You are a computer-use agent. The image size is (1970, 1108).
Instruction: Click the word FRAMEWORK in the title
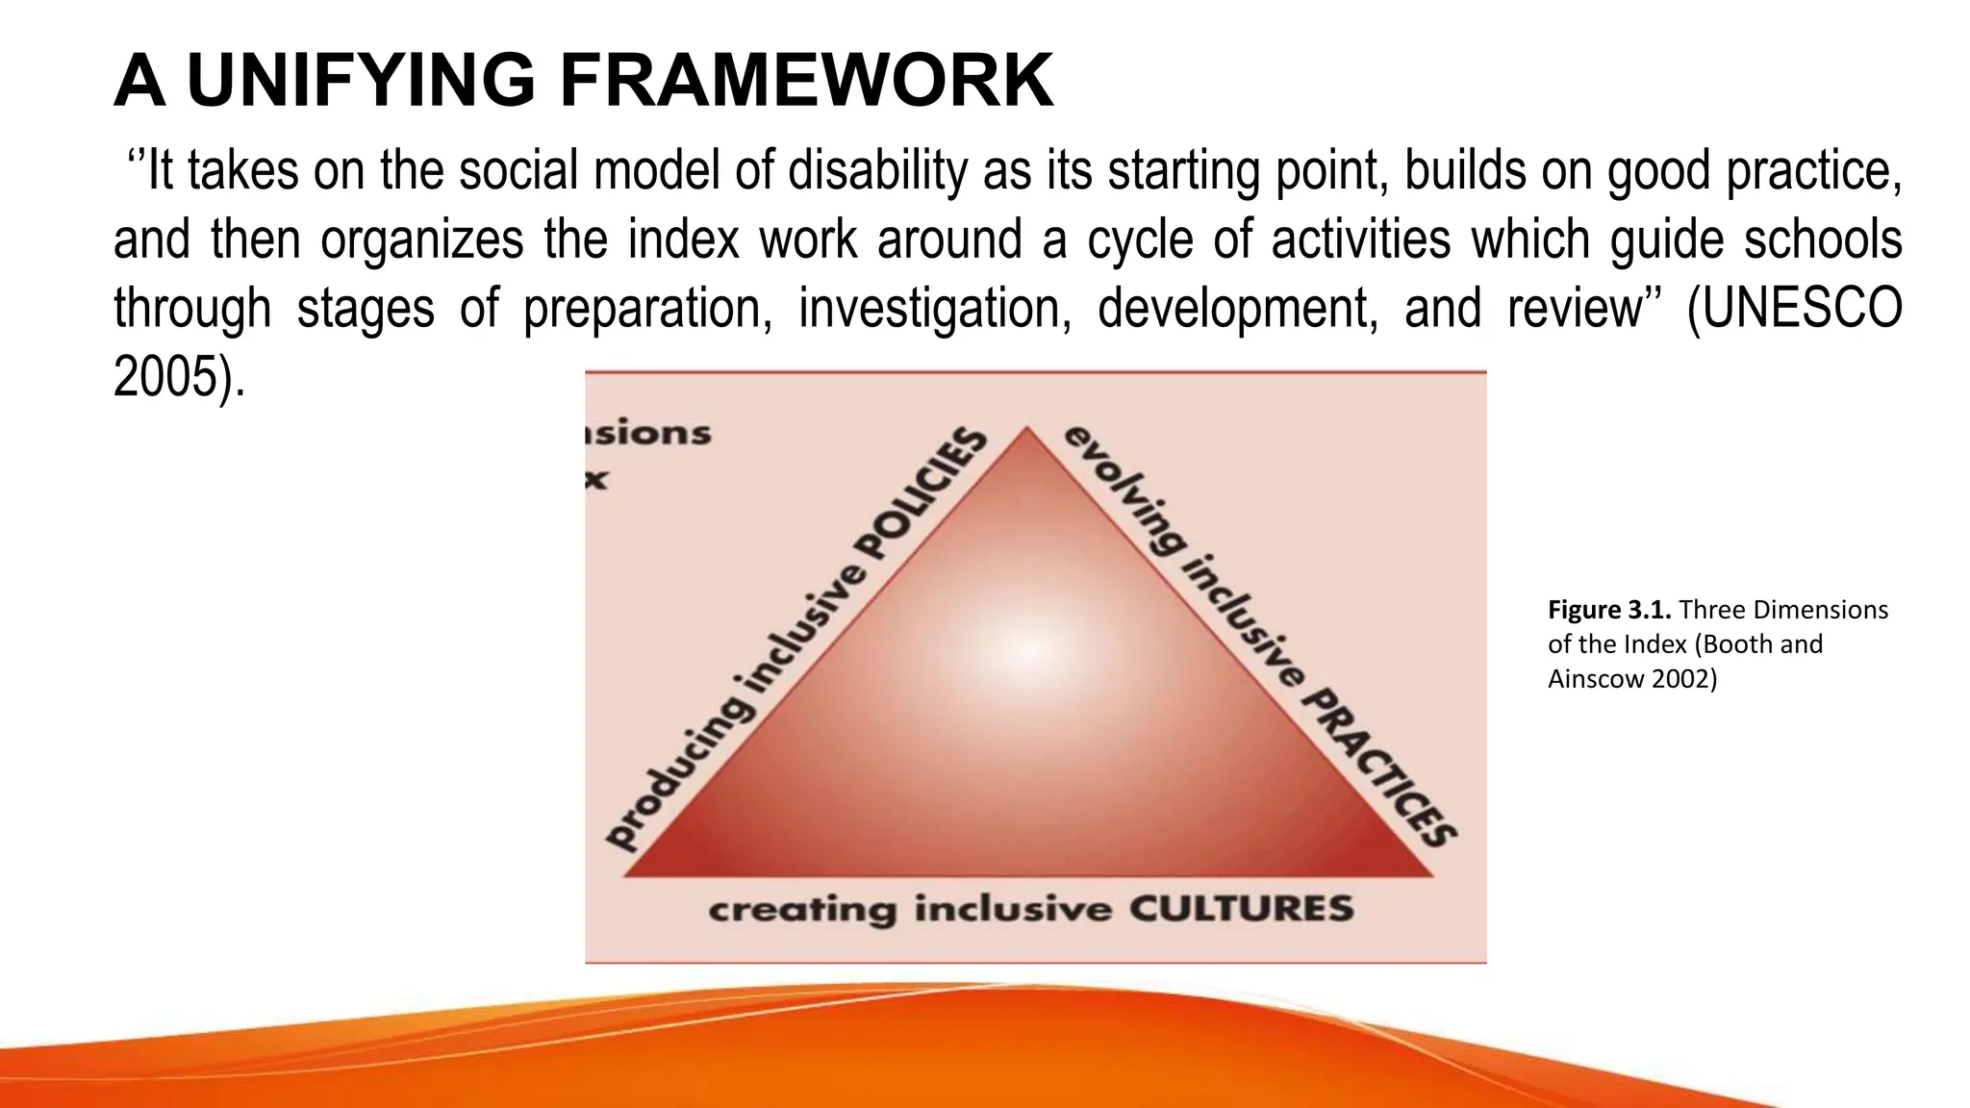coord(806,81)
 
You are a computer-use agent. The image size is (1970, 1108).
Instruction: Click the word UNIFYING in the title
coord(360,81)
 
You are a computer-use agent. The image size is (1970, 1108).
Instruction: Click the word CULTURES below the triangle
coord(1241,909)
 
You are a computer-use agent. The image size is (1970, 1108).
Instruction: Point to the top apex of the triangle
coord(1026,429)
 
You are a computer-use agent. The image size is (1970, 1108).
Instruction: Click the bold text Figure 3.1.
coord(1610,610)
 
